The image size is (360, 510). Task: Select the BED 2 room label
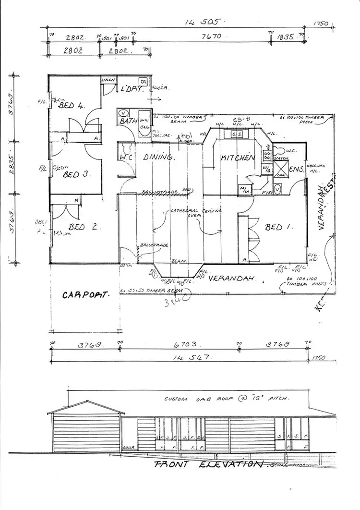click(x=84, y=228)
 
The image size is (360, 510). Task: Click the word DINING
click(x=156, y=157)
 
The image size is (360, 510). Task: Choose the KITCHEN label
click(x=237, y=158)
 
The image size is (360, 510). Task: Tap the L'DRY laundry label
click(x=132, y=89)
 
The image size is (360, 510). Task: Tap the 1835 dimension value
click(x=286, y=36)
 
